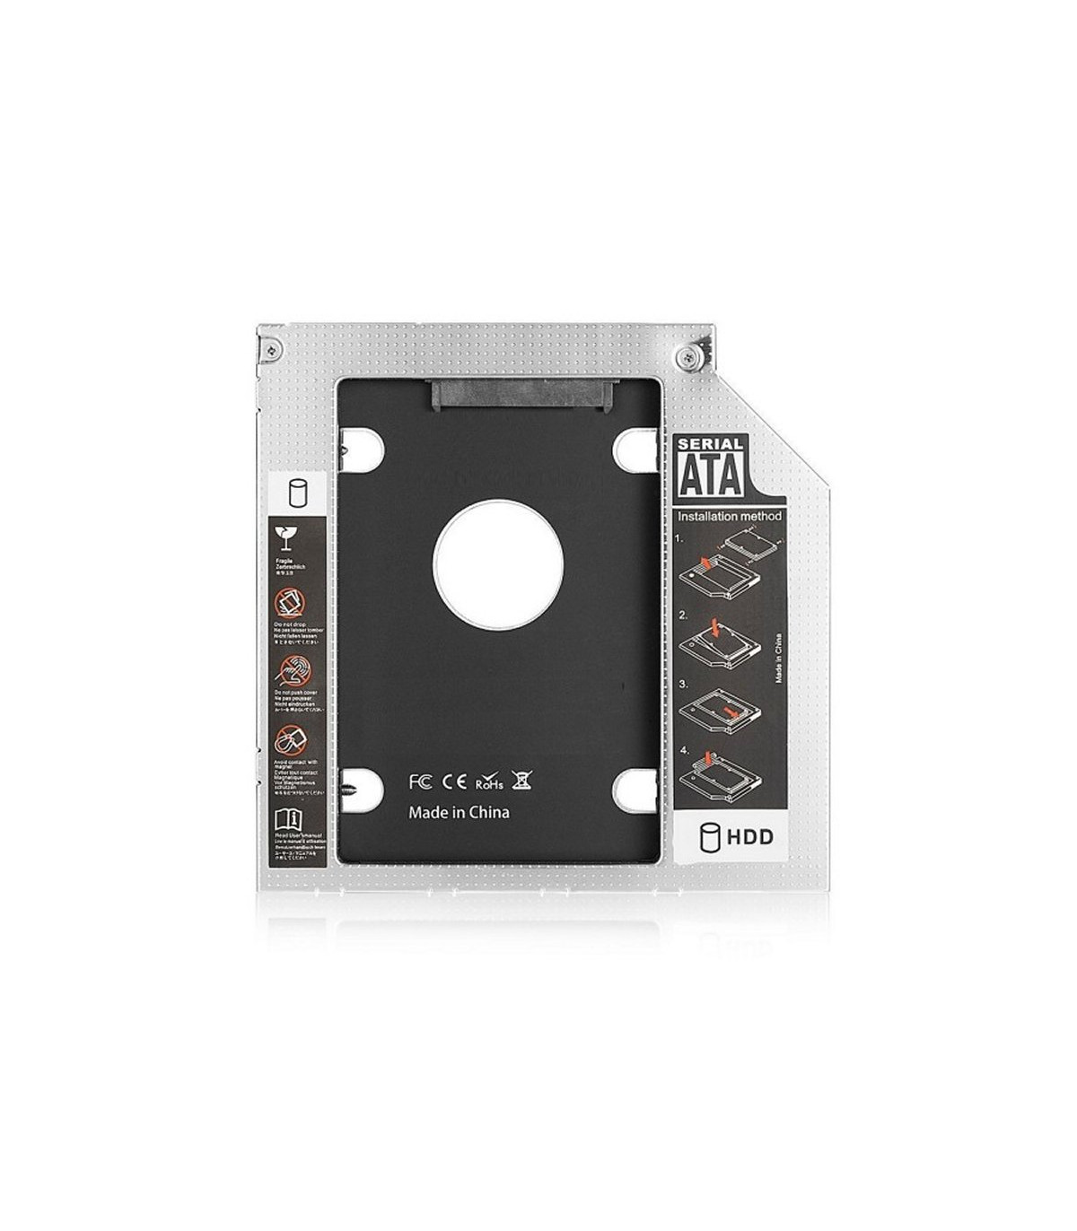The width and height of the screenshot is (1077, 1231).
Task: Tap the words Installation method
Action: point(729,517)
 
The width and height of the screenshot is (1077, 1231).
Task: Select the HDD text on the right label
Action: point(749,838)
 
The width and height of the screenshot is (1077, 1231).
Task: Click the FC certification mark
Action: point(420,781)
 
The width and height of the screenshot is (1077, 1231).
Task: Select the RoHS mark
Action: point(488,781)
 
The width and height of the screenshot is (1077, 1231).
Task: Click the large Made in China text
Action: point(459,812)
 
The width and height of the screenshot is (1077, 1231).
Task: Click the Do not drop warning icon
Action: point(289,603)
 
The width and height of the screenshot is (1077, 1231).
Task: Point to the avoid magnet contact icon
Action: point(289,740)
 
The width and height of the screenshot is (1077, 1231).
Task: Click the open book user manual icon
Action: point(289,819)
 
